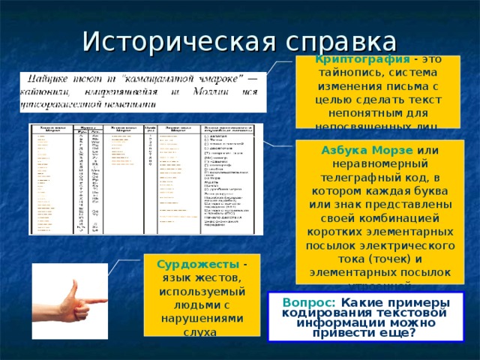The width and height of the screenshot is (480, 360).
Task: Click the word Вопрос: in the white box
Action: (303, 301)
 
